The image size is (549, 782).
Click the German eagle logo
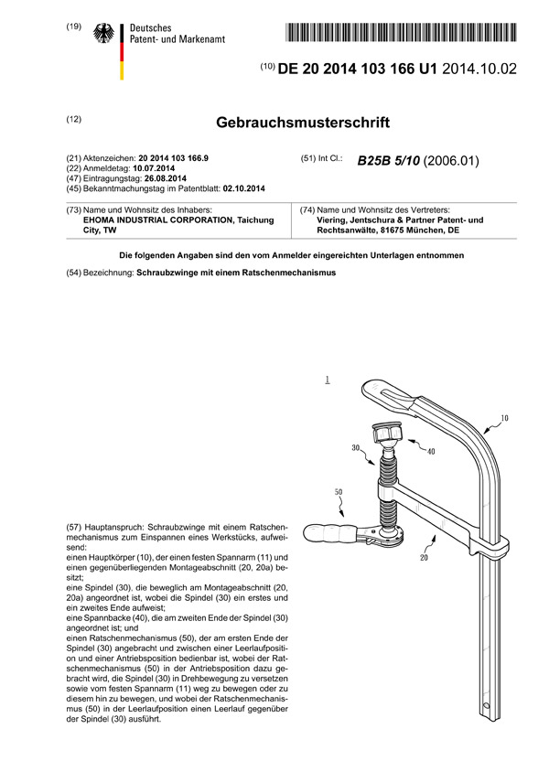click(102, 35)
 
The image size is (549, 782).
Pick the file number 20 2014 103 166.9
click(173, 158)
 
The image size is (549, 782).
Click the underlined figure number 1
click(327, 377)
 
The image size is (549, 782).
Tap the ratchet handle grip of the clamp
click(328, 532)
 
